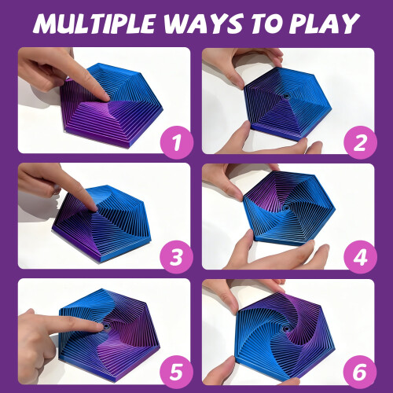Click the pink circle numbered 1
click(x=177, y=142)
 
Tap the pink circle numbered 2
click(x=360, y=142)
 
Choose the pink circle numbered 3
click(x=177, y=257)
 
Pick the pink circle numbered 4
click(x=360, y=257)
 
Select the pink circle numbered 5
click(x=177, y=372)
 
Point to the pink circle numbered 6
click(x=360, y=372)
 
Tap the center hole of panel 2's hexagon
click(x=286, y=96)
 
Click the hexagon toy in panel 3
click(x=102, y=222)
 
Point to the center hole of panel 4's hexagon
click(x=286, y=208)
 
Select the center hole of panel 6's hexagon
click(x=285, y=329)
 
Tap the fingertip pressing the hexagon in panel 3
click(x=93, y=208)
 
